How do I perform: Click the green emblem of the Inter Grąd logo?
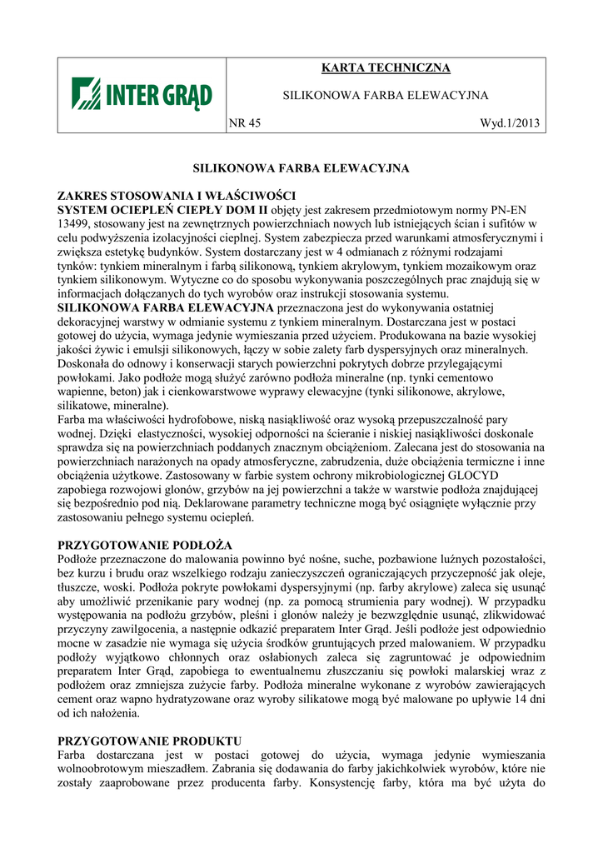85,94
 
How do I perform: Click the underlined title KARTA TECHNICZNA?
385,68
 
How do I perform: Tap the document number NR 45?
245,123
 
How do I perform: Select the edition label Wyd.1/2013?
510,123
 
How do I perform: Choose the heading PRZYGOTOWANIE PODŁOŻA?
144,544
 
